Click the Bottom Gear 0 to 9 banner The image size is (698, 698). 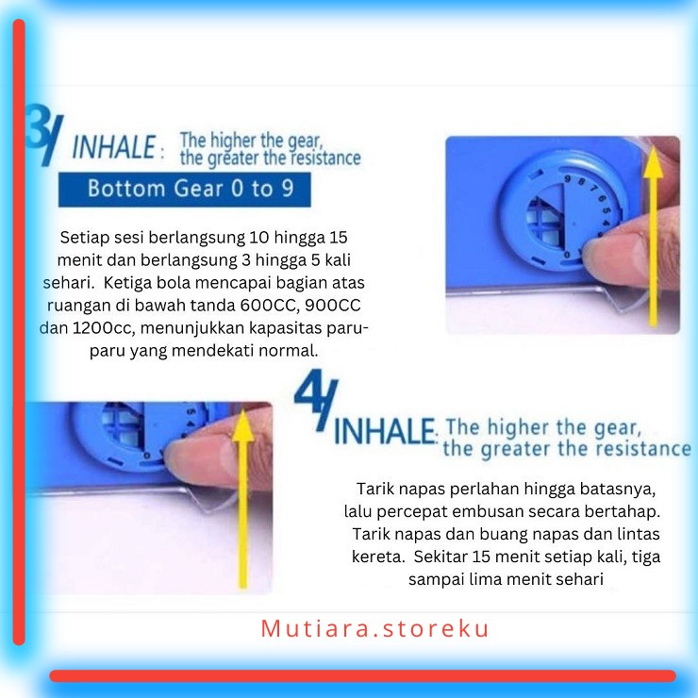(x=184, y=189)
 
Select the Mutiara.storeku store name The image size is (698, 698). (x=374, y=629)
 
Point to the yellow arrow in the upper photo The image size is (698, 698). (x=653, y=236)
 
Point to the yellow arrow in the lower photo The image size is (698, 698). (x=242, y=499)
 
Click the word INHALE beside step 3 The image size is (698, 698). (x=113, y=147)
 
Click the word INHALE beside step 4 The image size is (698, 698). (x=384, y=431)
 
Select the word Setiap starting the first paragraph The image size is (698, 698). (x=85, y=238)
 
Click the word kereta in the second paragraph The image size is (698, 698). (x=377, y=557)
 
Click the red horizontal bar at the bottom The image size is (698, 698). (x=362, y=675)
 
